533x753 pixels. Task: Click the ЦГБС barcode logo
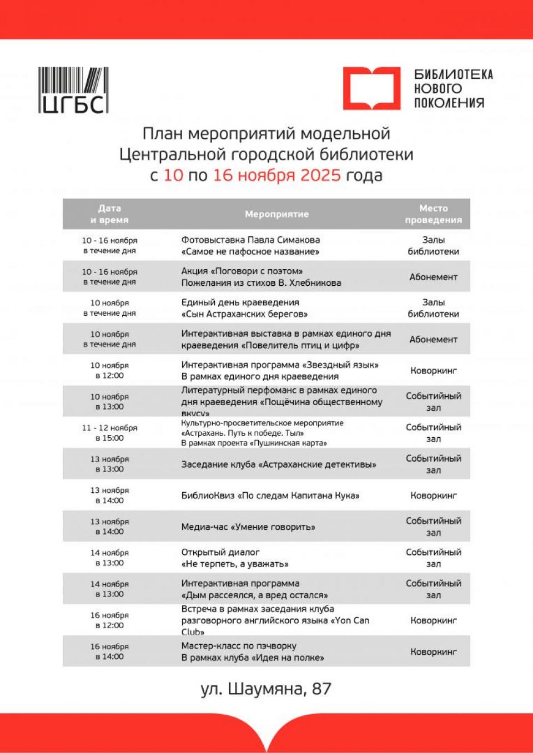73,90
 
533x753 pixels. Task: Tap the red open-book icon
371,88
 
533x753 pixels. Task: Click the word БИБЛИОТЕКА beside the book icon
453,74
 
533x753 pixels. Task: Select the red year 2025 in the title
320,175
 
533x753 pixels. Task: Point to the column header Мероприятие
276,214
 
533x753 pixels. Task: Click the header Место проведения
433,214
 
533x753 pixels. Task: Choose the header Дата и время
109,214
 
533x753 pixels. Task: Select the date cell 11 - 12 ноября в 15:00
109,433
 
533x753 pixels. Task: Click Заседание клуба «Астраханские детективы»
278,464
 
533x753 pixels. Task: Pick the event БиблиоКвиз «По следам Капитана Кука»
270,496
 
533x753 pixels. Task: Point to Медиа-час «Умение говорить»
248,527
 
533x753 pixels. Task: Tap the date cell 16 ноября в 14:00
109,651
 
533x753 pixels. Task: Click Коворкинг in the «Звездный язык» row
433,371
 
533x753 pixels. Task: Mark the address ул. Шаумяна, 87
266,689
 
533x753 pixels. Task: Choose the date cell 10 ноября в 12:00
109,371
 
